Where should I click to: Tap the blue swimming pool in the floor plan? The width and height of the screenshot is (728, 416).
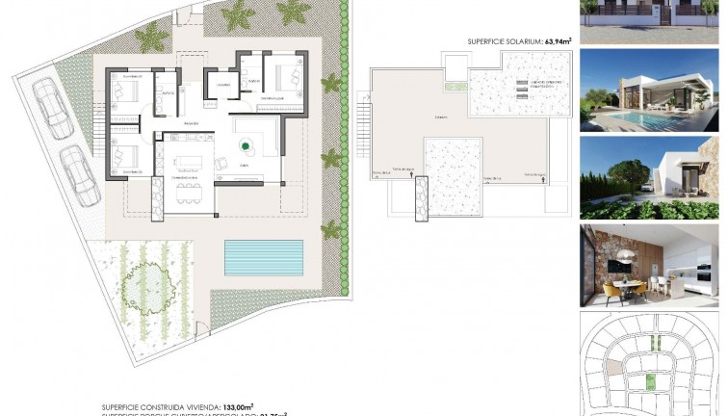263,256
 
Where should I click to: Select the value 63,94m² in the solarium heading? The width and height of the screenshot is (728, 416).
558,41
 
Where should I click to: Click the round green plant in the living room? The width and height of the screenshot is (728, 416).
246,145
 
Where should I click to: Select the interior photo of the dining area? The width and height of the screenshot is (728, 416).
649,265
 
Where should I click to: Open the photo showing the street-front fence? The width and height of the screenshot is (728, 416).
649,19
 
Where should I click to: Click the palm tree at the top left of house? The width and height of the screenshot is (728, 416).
150,39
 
